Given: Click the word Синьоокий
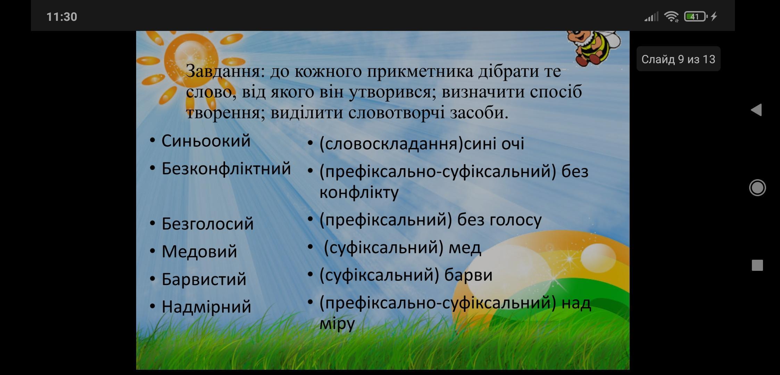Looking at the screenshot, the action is tap(206, 141).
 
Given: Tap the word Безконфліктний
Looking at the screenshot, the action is tap(226, 169).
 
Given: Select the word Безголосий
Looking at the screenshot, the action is tap(207, 224).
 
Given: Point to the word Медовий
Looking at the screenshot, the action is tap(199, 251).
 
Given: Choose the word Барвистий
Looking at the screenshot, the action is tap(204, 279).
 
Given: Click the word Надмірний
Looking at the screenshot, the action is tap(206, 307).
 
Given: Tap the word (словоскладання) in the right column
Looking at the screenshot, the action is tap(391, 144).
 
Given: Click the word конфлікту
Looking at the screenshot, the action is tap(359, 192).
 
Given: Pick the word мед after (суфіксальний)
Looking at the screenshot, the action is tap(465, 248).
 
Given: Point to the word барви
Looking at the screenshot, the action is tap(468, 275).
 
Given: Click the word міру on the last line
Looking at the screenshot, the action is tap(337, 324).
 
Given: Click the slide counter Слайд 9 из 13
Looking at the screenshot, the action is tap(678, 59).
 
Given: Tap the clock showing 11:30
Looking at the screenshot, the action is tap(62, 17).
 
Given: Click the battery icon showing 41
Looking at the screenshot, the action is tap(696, 16).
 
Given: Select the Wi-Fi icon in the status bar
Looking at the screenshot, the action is tap(671, 16).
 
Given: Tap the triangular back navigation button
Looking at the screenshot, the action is tap(756, 110).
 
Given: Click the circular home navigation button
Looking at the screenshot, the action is tap(757, 188).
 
